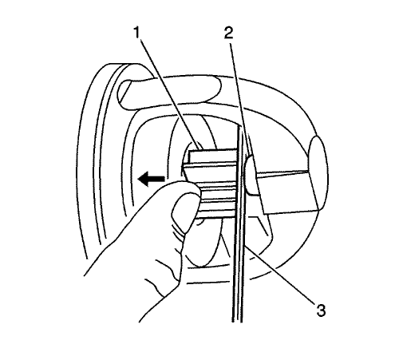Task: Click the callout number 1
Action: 136,33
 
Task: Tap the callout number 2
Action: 228,33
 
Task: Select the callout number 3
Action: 321,311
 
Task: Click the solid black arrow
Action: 151,179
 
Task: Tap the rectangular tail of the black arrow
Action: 156,179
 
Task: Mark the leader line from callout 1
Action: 169,93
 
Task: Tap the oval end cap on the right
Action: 318,173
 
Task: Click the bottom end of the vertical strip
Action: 237,322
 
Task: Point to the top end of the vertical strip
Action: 240,126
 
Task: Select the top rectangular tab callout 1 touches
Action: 213,156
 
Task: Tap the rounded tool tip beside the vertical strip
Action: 250,175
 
